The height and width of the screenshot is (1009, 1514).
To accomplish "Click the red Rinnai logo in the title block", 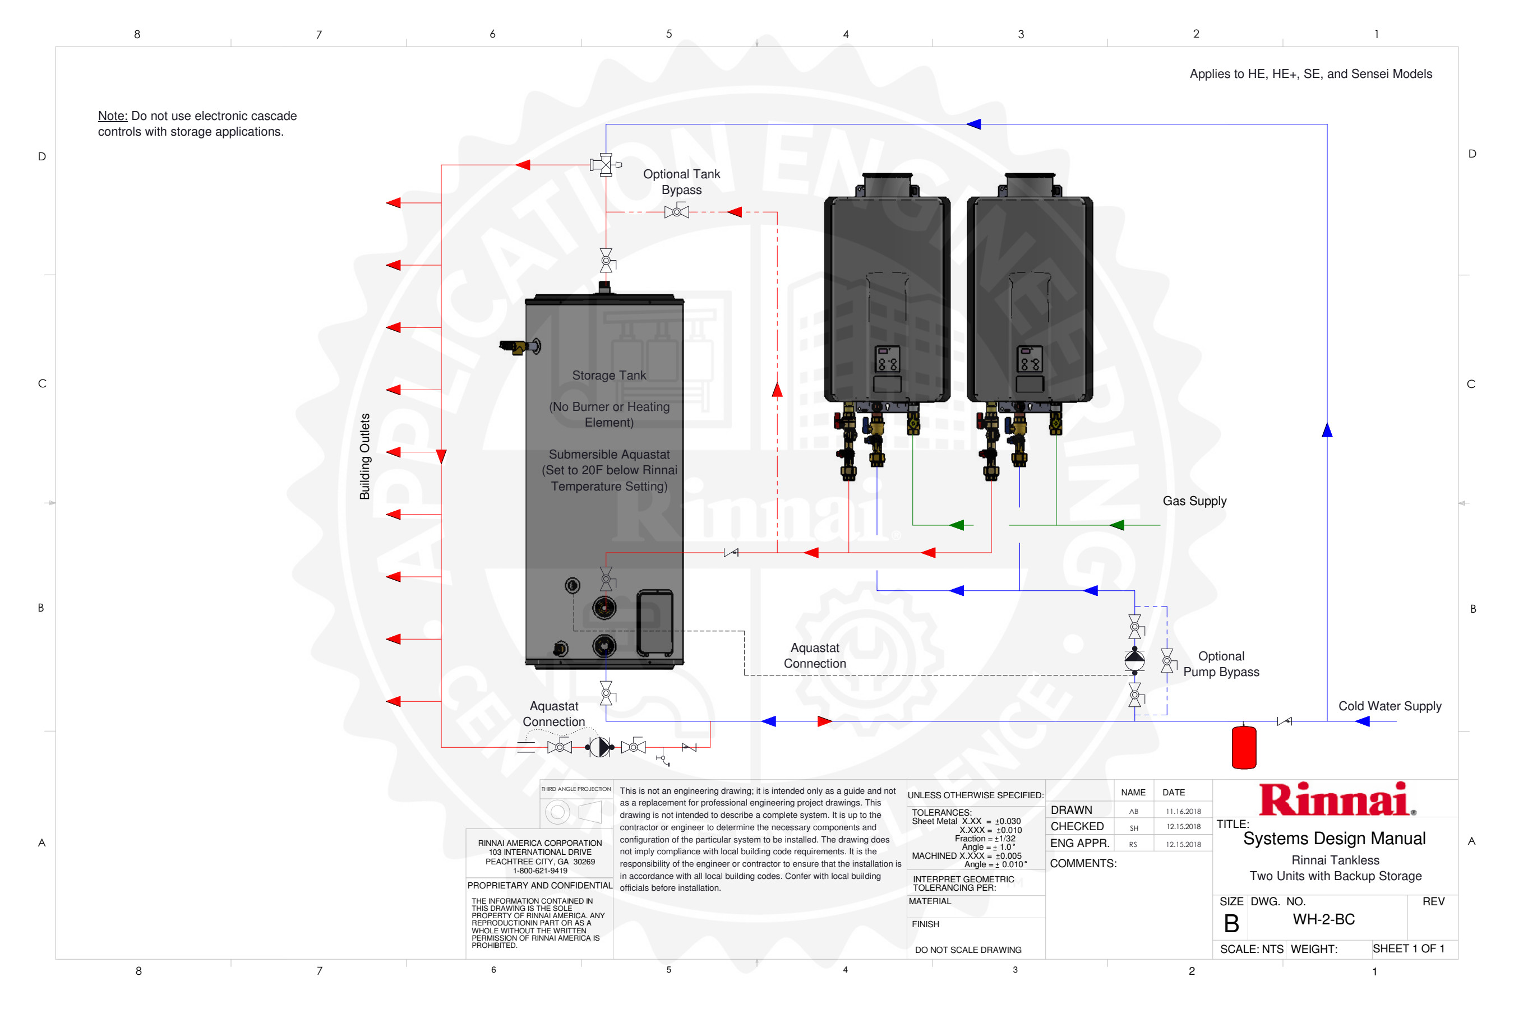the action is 1337,799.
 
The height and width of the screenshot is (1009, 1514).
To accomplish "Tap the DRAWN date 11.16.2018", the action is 1183,812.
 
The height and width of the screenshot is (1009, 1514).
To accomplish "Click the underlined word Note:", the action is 113,116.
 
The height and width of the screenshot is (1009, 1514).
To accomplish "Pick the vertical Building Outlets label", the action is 364,456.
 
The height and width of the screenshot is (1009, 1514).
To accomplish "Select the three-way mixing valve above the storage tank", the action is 605,165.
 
